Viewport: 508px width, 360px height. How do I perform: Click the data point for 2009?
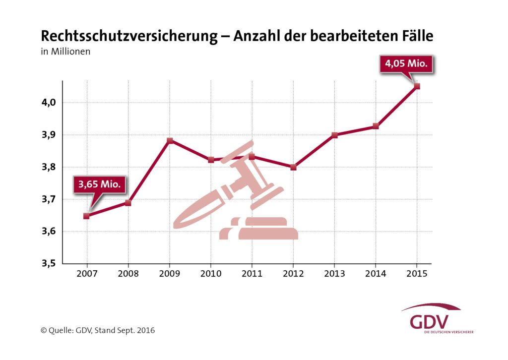click(170, 140)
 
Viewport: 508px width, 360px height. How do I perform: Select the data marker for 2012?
click(293, 167)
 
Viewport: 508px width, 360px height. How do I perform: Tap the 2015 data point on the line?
click(417, 86)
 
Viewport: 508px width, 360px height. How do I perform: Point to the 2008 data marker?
click(128, 202)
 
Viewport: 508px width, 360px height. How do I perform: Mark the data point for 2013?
click(334, 135)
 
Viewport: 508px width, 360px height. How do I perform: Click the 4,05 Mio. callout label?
click(406, 63)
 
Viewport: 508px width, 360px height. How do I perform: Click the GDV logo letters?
click(430, 321)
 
